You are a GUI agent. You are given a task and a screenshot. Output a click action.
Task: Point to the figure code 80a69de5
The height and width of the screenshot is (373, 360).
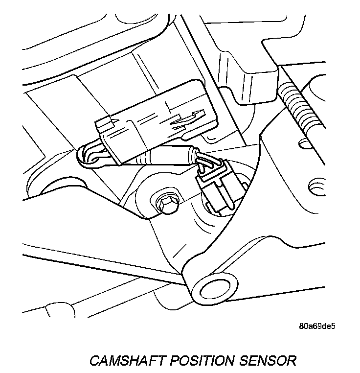coord(320,325)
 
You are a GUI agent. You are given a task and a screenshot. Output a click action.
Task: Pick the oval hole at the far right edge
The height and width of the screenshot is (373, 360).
coord(316,186)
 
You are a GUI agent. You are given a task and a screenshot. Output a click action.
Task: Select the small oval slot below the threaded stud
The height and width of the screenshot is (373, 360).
coord(306,143)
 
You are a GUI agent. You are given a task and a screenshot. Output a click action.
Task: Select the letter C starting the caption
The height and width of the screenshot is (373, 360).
coord(94,361)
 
